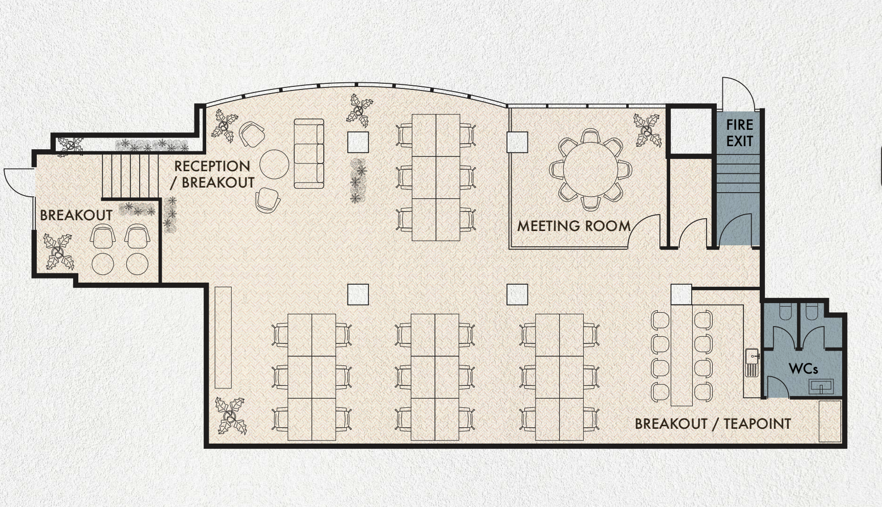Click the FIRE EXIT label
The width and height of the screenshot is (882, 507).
(x=740, y=133)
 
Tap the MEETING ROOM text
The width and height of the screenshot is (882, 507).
(x=574, y=226)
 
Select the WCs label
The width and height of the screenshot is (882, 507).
(x=803, y=368)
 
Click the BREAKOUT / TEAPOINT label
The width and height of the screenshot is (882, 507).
(x=713, y=424)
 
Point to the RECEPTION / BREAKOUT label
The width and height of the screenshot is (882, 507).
(x=212, y=174)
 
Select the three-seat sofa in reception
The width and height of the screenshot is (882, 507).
(x=309, y=153)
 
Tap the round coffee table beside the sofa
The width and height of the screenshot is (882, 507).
(x=274, y=164)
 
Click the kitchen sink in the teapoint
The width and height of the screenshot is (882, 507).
(x=752, y=362)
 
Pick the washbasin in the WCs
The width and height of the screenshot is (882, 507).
(x=821, y=386)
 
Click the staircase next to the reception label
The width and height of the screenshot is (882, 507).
(x=130, y=175)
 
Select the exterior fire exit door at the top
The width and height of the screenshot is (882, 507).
(x=738, y=94)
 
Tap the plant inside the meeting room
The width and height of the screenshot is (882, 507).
(x=647, y=130)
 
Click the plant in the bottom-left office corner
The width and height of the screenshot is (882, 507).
(x=231, y=416)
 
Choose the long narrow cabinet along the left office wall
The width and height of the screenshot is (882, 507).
(x=223, y=337)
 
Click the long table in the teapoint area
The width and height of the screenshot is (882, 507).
(x=681, y=355)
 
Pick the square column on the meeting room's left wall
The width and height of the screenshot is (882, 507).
(x=517, y=142)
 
